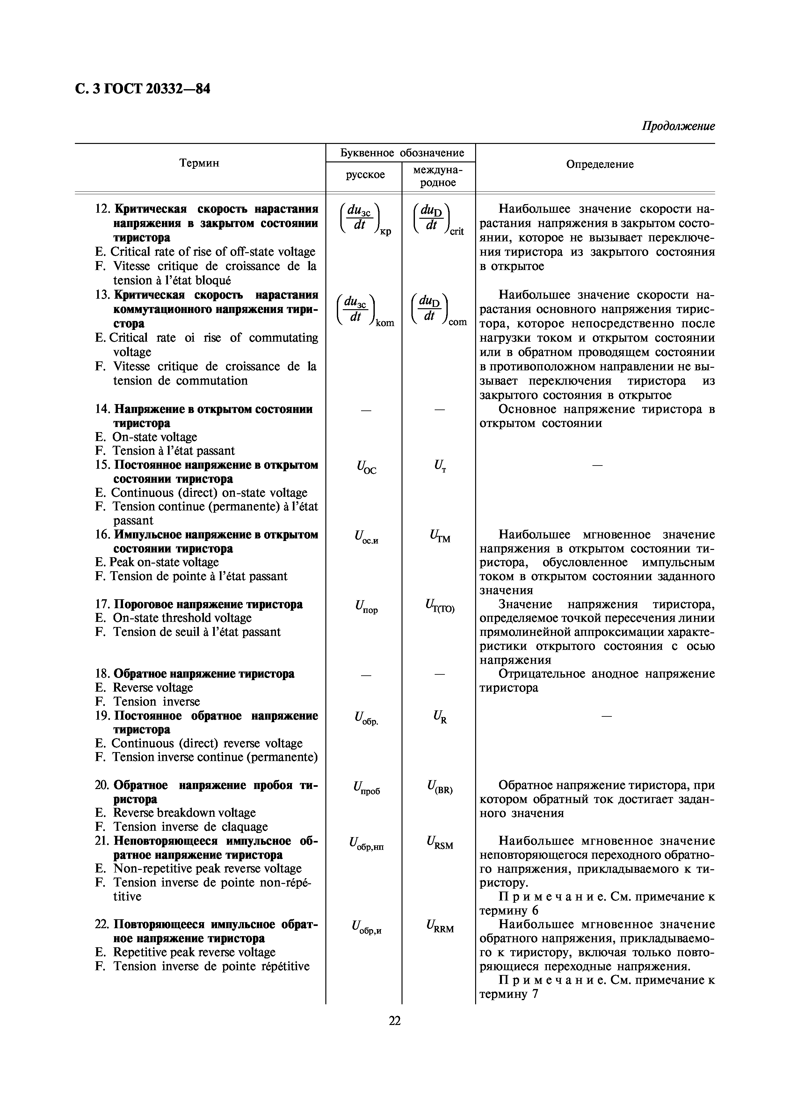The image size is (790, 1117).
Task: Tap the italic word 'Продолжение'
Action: coord(678,126)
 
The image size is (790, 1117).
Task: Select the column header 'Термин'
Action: coord(199,163)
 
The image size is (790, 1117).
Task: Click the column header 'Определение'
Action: coord(600,164)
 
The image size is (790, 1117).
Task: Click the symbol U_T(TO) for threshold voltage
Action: coord(439,607)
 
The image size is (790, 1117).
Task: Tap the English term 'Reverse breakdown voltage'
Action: coord(184,813)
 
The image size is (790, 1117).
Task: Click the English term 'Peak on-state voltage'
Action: coord(164,562)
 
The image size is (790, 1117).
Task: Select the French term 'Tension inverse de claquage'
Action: coord(190,827)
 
